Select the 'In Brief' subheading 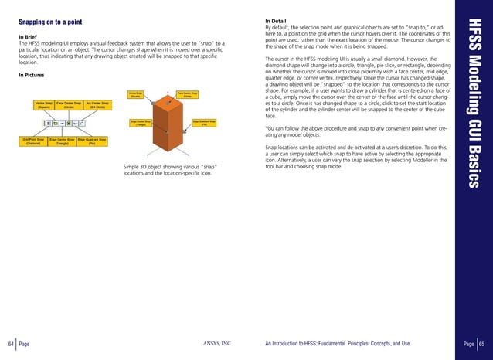pos(28,36)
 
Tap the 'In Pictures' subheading pos(32,74)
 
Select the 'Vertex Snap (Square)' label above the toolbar pos(43,104)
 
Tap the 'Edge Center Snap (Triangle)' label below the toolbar pos(62,141)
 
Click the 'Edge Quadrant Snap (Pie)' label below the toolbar pos(92,141)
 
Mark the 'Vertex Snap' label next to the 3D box pos(135,95)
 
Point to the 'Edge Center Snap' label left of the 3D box pos(136,122)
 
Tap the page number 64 pos(11,344)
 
